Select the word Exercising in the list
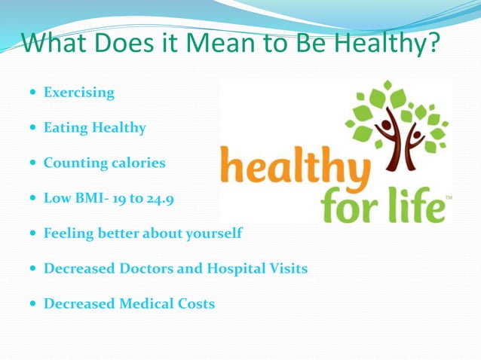pyautogui.click(x=79, y=93)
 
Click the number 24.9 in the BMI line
pyautogui.click(x=167, y=198)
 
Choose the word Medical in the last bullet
pyautogui.click(x=147, y=304)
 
